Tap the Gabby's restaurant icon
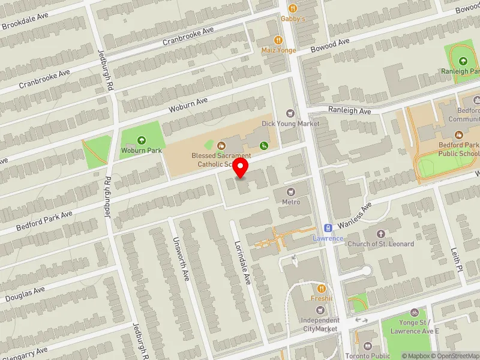coord(293,8)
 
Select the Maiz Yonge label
coord(278,50)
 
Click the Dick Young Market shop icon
coord(291,113)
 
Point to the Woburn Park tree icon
coord(142,140)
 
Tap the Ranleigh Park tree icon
coord(463,61)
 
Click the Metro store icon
coord(291,191)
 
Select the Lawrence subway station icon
coord(328,228)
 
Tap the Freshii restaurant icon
coord(320,289)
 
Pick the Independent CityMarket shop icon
coord(320,310)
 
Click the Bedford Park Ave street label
coord(44,220)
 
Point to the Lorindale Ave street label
coord(242,263)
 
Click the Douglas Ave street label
coord(25,294)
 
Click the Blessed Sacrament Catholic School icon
coord(221,145)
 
